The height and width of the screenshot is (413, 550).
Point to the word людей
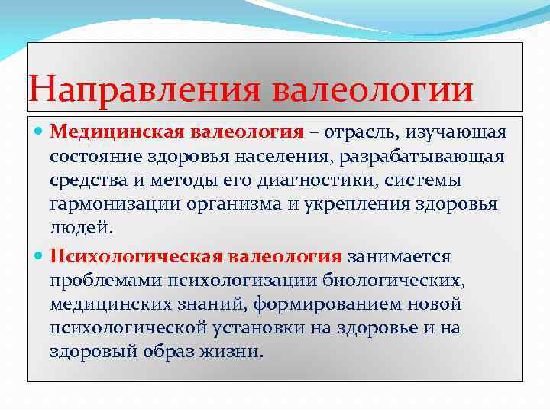pos(79,228)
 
